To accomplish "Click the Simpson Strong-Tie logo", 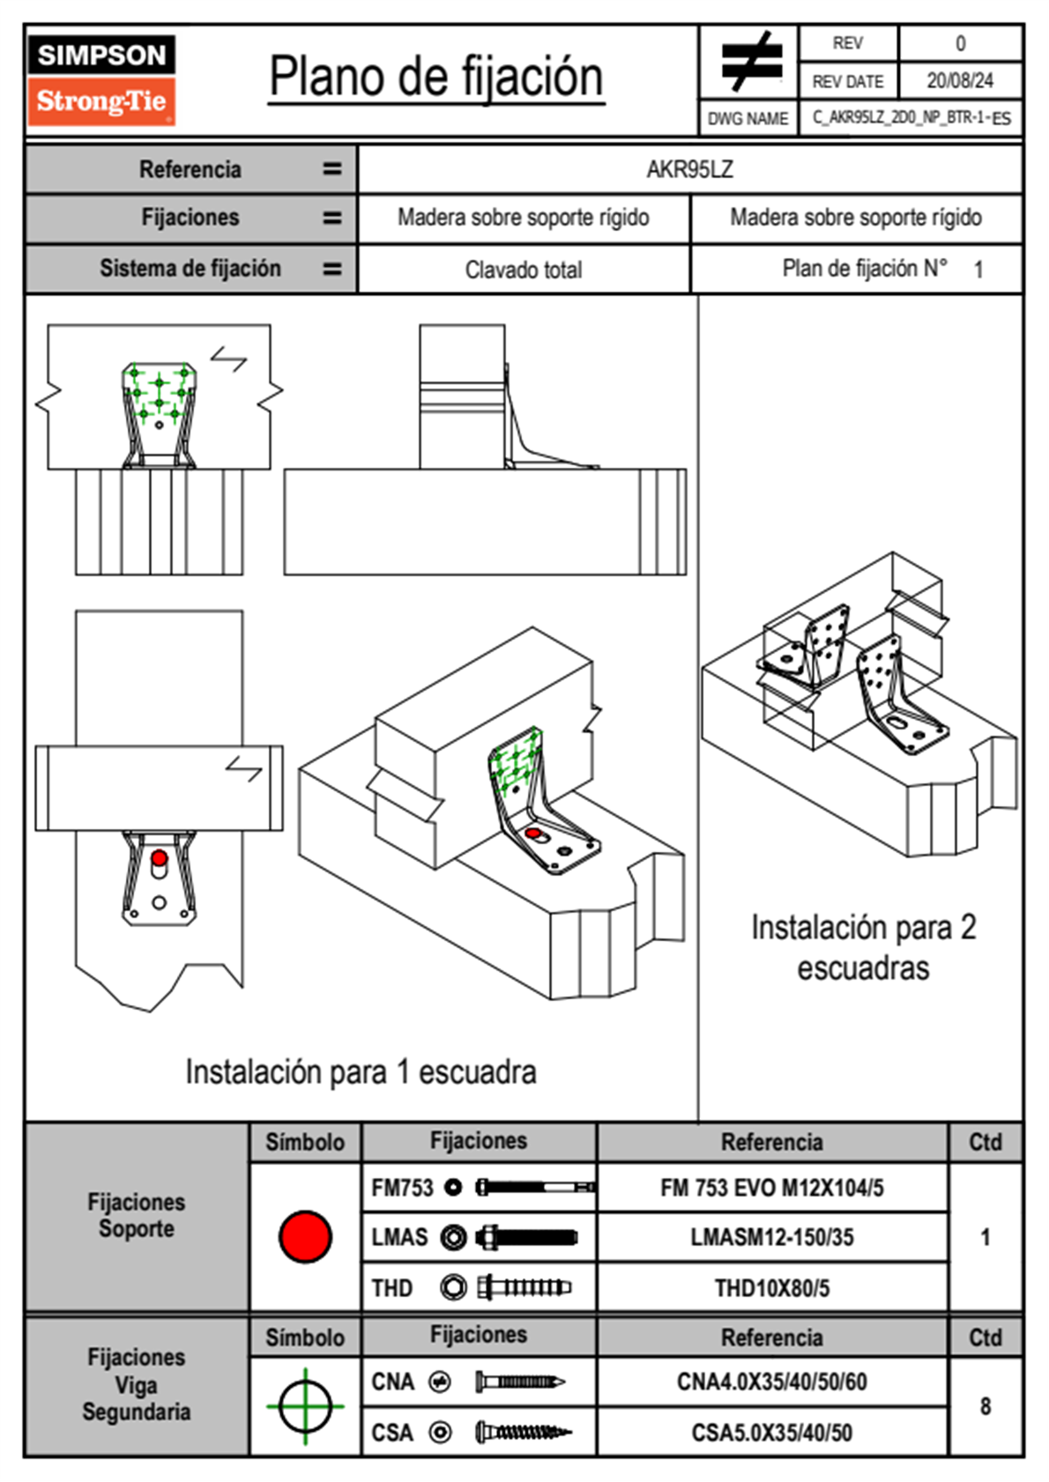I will pyautogui.click(x=101, y=79).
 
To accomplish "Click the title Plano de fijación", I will pyautogui.click(x=435, y=78).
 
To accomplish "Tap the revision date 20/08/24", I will pyautogui.click(x=959, y=81).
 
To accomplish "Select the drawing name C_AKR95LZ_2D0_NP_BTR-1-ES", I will pyautogui.click(x=911, y=118).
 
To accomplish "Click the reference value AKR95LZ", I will pyautogui.click(x=689, y=169).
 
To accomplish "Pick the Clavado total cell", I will pyautogui.click(x=523, y=270).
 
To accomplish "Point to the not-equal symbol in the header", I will pyautogui.click(x=750, y=62).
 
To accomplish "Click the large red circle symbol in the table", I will pyautogui.click(x=305, y=1236).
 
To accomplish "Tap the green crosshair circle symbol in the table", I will pyautogui.click(x=305, y=1406).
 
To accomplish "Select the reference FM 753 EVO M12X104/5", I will pyautogui.click(x=771, y=1188).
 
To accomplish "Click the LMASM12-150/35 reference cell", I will pyautogui.click(x=771, y=1237).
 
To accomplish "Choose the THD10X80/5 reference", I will pyautogui.click(x=771, y=1288).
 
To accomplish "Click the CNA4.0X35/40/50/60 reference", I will pyautogui.click(x=771, y=1382).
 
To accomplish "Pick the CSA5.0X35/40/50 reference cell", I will pyautogui.click(x=771, y=1433).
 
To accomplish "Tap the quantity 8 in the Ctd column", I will pyautogui.click(x=985, y=1406).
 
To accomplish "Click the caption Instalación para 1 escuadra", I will pyautogui.click(x=361, y=1072).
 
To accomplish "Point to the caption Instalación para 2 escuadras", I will pyautogui.click(x=863, y=947).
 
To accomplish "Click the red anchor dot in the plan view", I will pyautogui.click(x=159, y=857).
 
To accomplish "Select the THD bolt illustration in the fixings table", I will pyautogui.click(x=524, y=1288).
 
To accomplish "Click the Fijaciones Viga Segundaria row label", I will pyautogui.click(x=136, y=1384).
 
